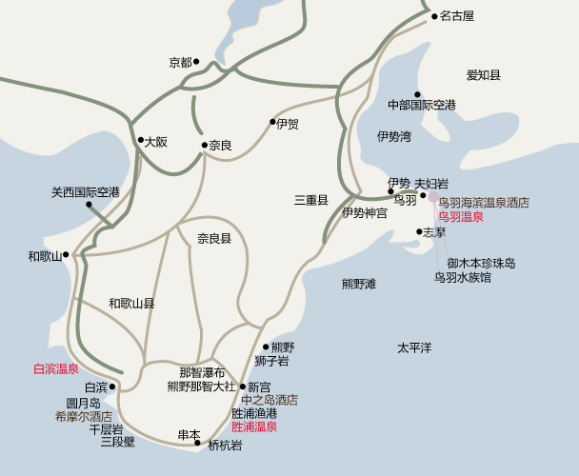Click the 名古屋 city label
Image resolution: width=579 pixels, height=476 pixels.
[456, 16]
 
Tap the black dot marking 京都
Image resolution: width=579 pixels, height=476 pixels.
[196, 62]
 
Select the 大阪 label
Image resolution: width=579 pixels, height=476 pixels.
[156, 142]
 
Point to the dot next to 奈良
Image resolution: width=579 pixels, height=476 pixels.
[204, 146]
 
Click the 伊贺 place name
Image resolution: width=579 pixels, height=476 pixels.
[288, 123]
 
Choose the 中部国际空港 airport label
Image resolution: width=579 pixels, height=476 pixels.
[422, 104]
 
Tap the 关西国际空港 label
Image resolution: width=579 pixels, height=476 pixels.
[86, 192]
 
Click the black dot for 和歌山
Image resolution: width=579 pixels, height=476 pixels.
[66, 255]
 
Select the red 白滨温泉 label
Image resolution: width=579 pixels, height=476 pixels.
[55, 368]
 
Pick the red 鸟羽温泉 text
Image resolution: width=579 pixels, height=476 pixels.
[461, 217]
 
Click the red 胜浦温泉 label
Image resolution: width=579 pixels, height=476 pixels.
[254, 427]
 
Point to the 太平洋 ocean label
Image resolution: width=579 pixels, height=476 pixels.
[414, 348]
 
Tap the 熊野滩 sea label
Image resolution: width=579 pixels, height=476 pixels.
[359, 284]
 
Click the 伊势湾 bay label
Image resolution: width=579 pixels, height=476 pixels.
[393, 137]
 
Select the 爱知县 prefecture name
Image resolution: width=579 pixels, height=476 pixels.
[484, 75]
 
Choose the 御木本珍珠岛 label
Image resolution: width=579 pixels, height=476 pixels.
[481, 263]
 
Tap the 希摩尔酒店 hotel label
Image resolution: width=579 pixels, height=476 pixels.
[83, 416]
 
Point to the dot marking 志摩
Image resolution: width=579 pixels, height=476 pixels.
[419, 231]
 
